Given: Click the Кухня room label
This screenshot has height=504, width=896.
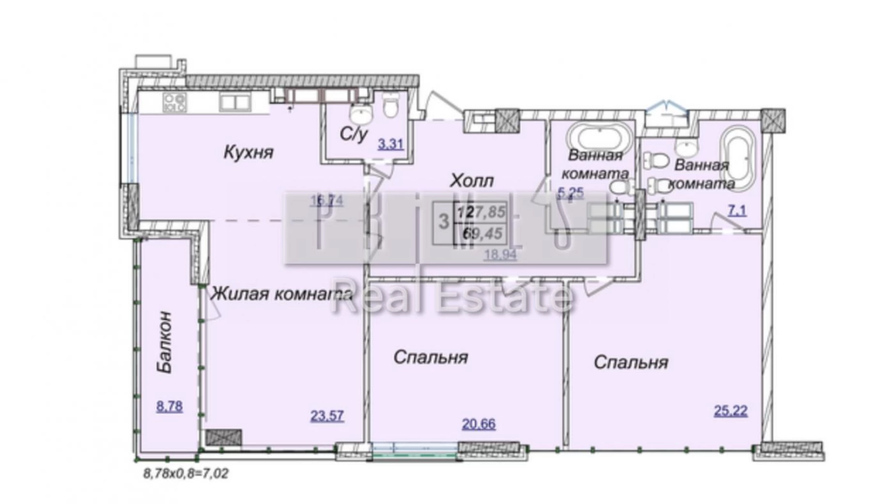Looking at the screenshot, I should [x=248, y=152].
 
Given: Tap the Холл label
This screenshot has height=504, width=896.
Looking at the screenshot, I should [x=471, y=181].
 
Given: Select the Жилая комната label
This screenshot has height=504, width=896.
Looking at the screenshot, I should [x=281, y=294].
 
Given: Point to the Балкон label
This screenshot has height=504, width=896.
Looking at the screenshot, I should [x=165, y=342].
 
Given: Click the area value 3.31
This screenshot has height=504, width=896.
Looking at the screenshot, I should [x=390, y=144].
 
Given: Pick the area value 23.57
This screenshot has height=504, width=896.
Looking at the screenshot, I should [x=327, y=415].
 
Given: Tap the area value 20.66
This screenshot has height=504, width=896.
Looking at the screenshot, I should [x=479, y=424].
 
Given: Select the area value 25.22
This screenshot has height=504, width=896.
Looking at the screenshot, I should [x=730, y=410].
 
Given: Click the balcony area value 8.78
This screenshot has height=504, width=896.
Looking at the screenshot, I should [x=169, y=406].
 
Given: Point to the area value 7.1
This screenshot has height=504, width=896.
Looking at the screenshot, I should [x=737, y=210].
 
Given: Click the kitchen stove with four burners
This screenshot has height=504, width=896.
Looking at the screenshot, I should [x=174, y=103].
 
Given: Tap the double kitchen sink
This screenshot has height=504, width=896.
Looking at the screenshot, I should [x=235, y=103].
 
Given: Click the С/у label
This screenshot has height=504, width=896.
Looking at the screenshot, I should [x=353, y=134].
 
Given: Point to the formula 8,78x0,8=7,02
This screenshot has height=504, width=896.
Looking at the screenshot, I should [x=185, y=473].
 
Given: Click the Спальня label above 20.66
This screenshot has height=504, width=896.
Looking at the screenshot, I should [x=430, y=358].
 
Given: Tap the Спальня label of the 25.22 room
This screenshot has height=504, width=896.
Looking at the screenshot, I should [x=631, y=362].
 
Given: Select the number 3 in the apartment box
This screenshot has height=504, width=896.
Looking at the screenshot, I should [x=443, y=222].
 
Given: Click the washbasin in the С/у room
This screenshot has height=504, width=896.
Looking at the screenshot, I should [x=361, y=114].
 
